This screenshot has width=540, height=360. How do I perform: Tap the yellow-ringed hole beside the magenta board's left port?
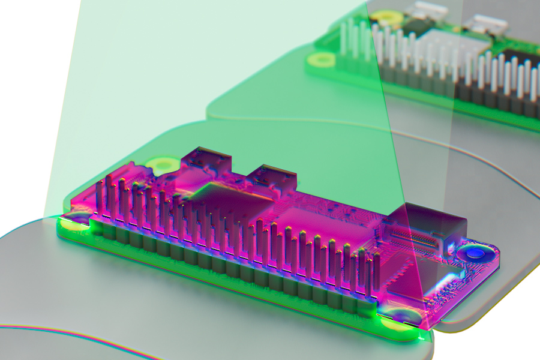tap(161, 164)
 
